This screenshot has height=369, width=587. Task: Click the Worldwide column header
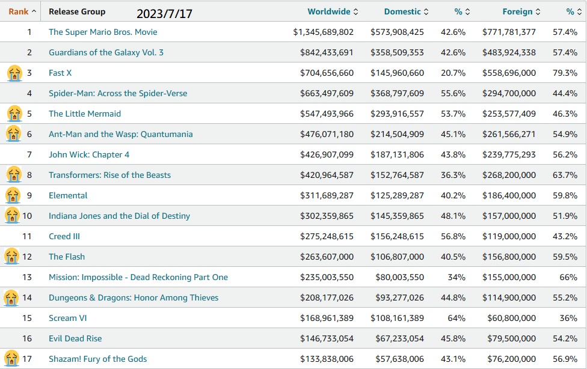pyautogui.click(x=328, y=11)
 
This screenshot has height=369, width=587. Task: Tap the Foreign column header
pyautogui.click(x=517, y=11)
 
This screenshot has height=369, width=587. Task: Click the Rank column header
pyautogui.click(x=19, y=11)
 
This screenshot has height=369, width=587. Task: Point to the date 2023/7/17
pyautogui.click(x=164, y=13)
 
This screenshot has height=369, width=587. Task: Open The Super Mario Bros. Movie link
pyautogui.click(x=103, y=32)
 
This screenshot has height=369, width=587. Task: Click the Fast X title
pyautogui.click(x=60, y=73)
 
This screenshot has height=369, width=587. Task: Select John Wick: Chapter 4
pyautogui.click(x=89, y=154)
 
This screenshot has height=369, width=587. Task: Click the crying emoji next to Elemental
pyautogui.click(x=13, y=195)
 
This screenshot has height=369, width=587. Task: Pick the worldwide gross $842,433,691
pyautogui.click(x=327, y=52)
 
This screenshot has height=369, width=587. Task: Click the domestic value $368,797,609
pyautogui.click(x=397, y=93)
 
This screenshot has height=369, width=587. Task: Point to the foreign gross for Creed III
pyautogui.click(x=509, y=236)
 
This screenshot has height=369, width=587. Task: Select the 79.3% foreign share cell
pyautogui.click(x=565, y=73)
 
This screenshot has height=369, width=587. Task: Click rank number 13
pyautogui.click(x=27, y=277)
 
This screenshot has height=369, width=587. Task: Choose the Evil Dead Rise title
pyautogui.click(x=75, y=338)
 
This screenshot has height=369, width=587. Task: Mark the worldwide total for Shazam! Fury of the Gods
pyautogui.click(x=327, y=359)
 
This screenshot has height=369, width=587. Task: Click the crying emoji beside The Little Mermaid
pyautogui.click(x=13, y=114)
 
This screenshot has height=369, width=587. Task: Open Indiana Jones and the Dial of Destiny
pyautogui.click(x=119, y=216)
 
